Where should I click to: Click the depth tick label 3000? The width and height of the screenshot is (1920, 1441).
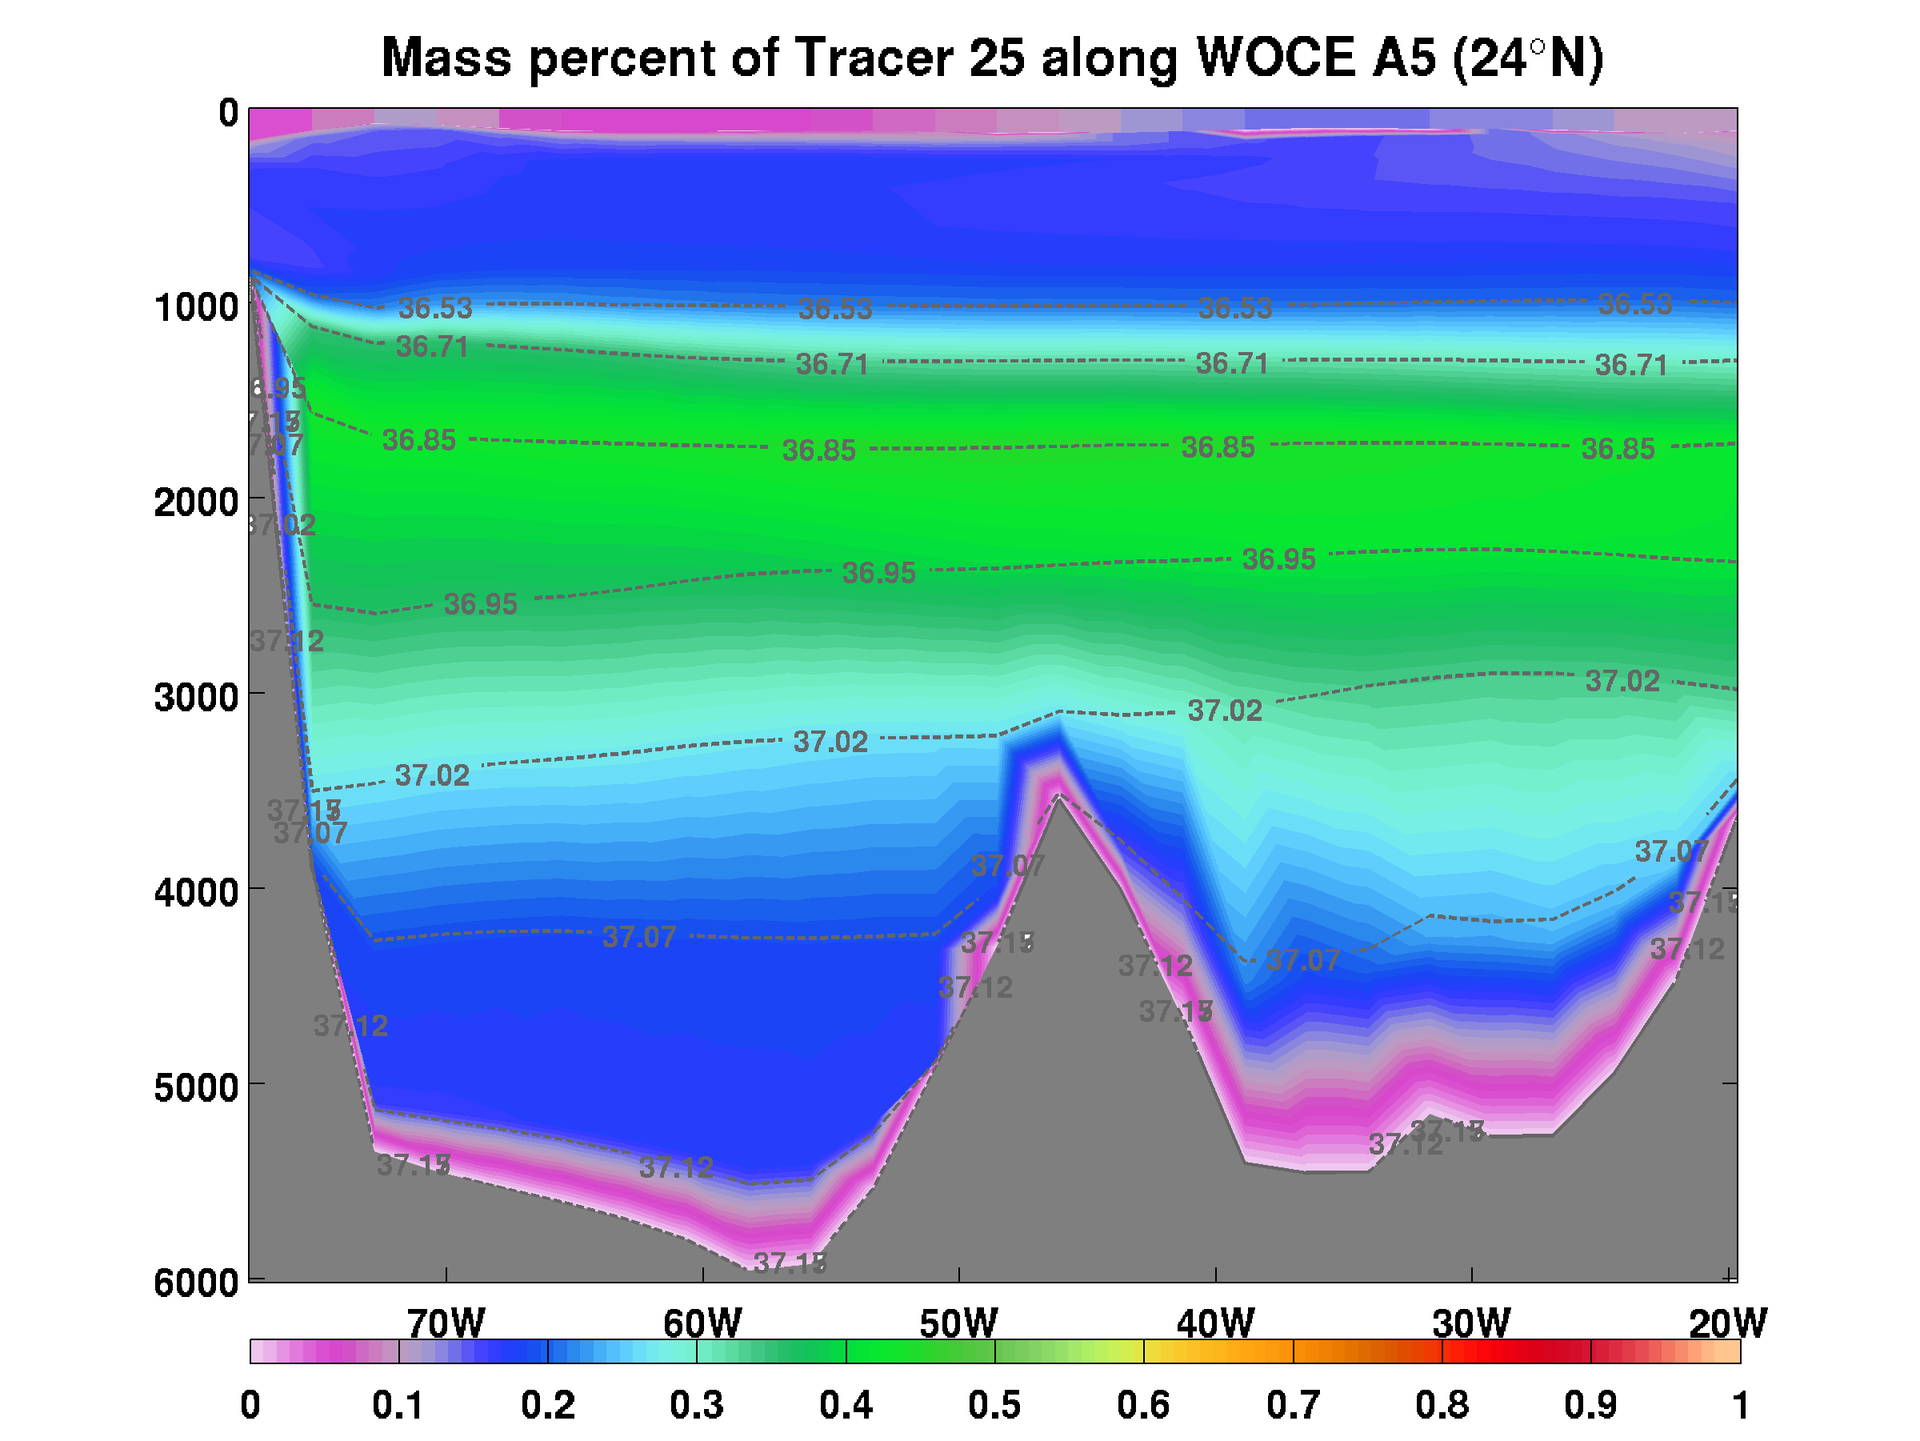195,697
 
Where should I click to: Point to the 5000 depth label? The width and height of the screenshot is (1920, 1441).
195,1087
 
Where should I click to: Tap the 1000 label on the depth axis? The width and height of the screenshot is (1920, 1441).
195,307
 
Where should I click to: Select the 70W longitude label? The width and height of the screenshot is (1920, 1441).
446,1324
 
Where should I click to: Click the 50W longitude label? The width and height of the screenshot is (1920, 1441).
958,1324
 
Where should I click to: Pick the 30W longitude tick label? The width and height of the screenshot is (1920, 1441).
1471,1324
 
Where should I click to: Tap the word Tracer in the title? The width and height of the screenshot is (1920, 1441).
874,58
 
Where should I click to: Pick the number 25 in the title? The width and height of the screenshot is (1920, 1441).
997,58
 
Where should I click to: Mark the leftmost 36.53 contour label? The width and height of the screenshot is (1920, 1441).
435,308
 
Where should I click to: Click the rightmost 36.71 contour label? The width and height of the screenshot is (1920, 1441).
1631,366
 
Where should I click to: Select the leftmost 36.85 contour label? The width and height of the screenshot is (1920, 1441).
418,440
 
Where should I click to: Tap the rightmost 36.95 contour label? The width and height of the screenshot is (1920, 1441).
1278,559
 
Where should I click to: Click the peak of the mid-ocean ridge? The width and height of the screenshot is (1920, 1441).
1058,795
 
